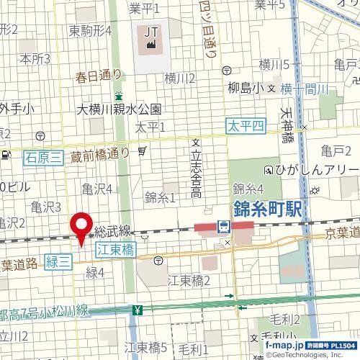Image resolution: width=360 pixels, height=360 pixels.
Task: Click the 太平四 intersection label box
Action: [246, 125]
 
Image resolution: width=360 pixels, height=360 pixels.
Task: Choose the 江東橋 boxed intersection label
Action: [116, 249]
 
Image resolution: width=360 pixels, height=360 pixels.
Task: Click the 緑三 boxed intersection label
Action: [58, 262]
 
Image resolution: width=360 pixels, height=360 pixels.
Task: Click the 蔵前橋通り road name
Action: [100, 152]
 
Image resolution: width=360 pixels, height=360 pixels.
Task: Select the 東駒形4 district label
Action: [90, 32]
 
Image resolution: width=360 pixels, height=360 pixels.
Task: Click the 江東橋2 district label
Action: [189, 279]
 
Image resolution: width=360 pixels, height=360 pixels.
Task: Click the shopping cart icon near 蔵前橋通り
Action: [143, 151]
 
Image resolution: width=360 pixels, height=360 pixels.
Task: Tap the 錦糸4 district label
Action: [247, 189]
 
